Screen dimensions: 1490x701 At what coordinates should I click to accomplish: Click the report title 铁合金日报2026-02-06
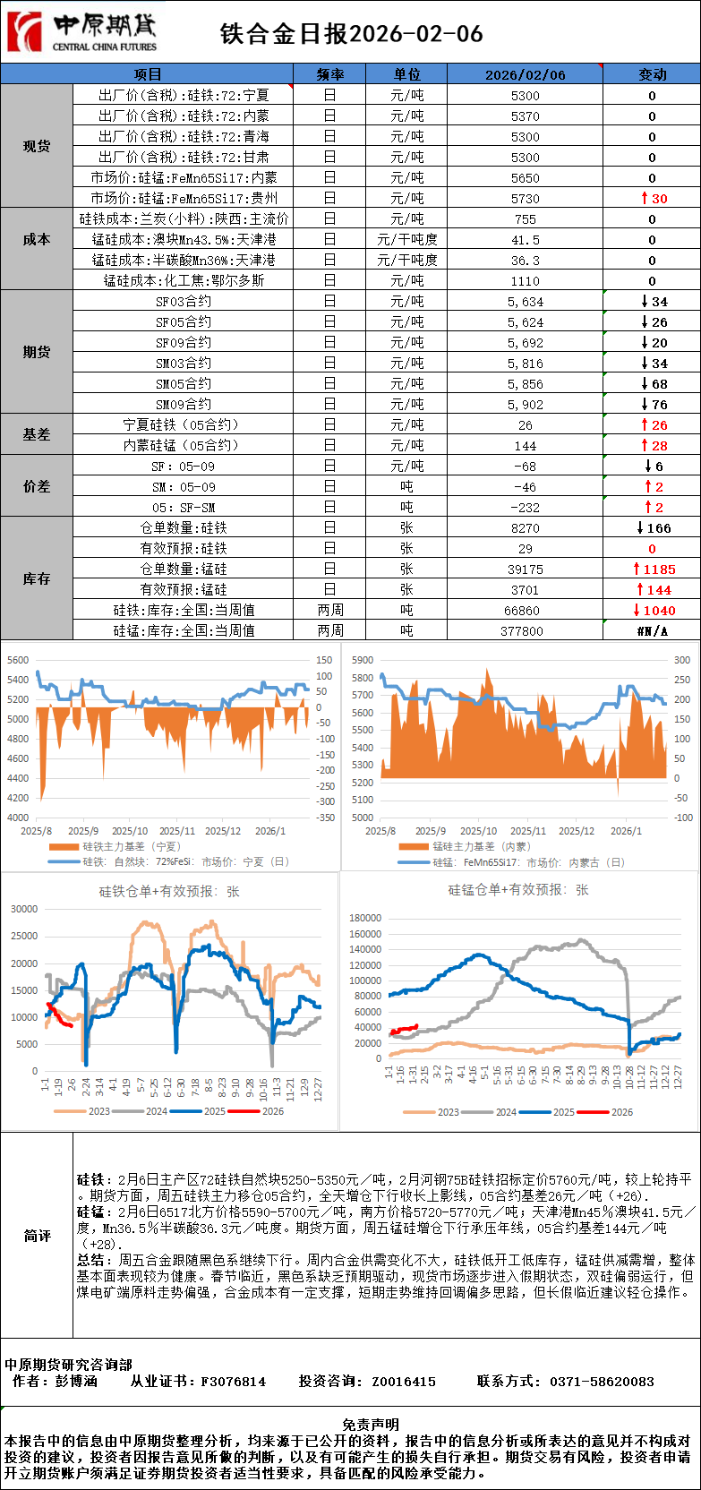351,34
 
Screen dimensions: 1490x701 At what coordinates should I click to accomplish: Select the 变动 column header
652,74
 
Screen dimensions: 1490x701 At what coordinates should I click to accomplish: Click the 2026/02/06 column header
525,74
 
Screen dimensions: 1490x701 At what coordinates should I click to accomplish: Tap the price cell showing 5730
525,198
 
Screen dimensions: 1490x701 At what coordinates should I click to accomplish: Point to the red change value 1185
654,569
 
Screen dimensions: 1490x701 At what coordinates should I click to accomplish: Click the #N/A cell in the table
652,630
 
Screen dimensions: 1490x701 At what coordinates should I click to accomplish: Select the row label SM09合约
184,404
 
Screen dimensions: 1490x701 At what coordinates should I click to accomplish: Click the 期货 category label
37,352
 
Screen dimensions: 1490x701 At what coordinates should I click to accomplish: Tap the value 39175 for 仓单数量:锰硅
525,569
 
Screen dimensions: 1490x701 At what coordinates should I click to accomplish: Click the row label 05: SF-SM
184,507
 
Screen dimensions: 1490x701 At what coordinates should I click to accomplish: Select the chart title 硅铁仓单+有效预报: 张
169,891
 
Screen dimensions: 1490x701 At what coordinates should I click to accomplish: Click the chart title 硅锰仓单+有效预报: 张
518,889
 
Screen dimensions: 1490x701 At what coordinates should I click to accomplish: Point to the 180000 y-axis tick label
365,918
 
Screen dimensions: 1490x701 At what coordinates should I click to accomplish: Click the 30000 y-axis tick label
24,909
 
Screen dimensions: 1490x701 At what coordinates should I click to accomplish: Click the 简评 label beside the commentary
37,1236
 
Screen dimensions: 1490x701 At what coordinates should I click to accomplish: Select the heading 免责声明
371,1424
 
